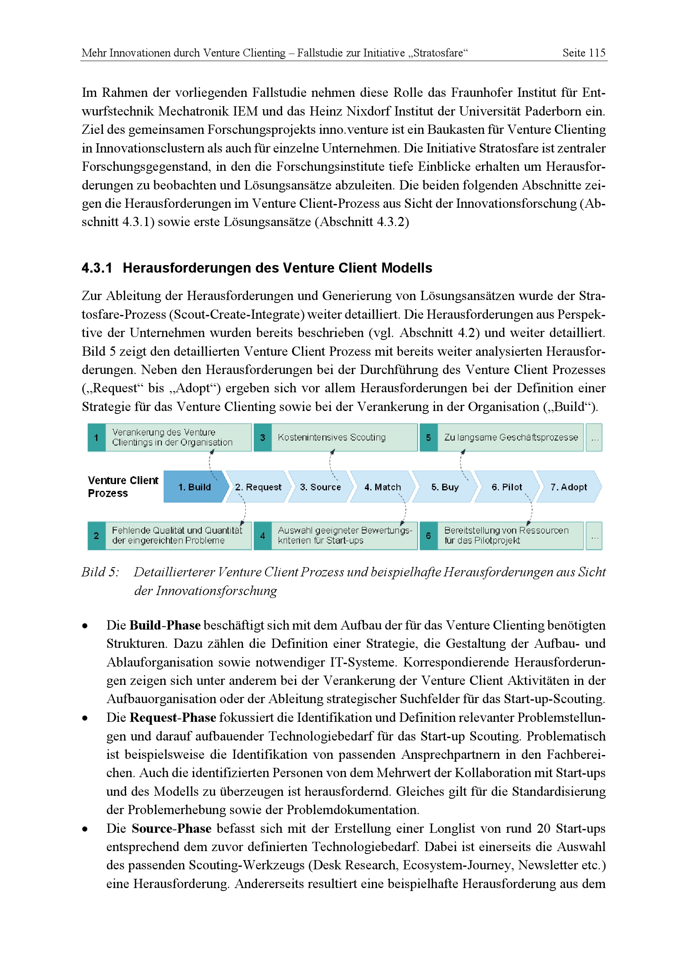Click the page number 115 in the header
pyautogui.click(x=596, y=53)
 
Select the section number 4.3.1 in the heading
pyautogui.click(x=97, y=268)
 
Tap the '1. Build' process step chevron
pyautogui.click(x=194, y=487)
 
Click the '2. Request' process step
pyautogui.click(x=258, y=487)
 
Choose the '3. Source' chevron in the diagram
pyautogui.click(x=320, y=487)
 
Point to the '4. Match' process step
pyautogui.click(x=383, y=487)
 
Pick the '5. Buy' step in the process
pyautogui.click(x=445, y=487)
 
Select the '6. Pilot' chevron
pyautogui.click(x=507, y=487)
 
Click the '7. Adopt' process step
pyautogui.click(x=569, y=487)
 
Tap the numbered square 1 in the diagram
pyautogui.click(x=97, y=437)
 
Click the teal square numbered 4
pyautogui.click(x=262, y=536)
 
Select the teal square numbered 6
pyautogui.click(x=428, y=536)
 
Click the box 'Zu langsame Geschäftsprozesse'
pyautogui.click(x=510, y=437)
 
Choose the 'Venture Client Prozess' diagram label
pyautogui.click(x=123, y=487)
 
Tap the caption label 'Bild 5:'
pyautogui.click(x=100, y=572)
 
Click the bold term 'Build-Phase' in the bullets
pyautogui.click(x=165, y=625)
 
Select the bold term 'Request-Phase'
pyautogui.click(x=173, y=718)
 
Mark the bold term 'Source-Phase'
pyautogui.click(x=171, y=829)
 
